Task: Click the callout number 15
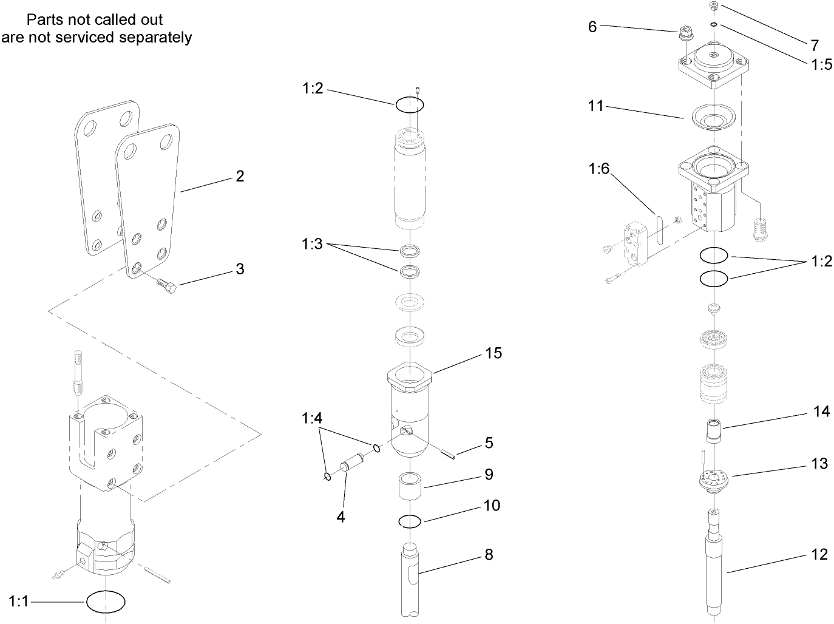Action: [x=493, y=353]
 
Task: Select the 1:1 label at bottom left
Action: [x=19, y=602]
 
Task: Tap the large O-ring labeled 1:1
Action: [x=106, y=602]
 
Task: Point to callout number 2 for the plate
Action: [x=240, y=177]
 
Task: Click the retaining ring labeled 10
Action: [x=410, y=521]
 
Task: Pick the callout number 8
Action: [x=489, y=555]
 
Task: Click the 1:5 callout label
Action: [x=822, y=64]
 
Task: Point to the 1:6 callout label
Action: [x=598, y=169]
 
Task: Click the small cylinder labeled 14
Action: [x=714, y=432]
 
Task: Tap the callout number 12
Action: [x=819, y=554]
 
